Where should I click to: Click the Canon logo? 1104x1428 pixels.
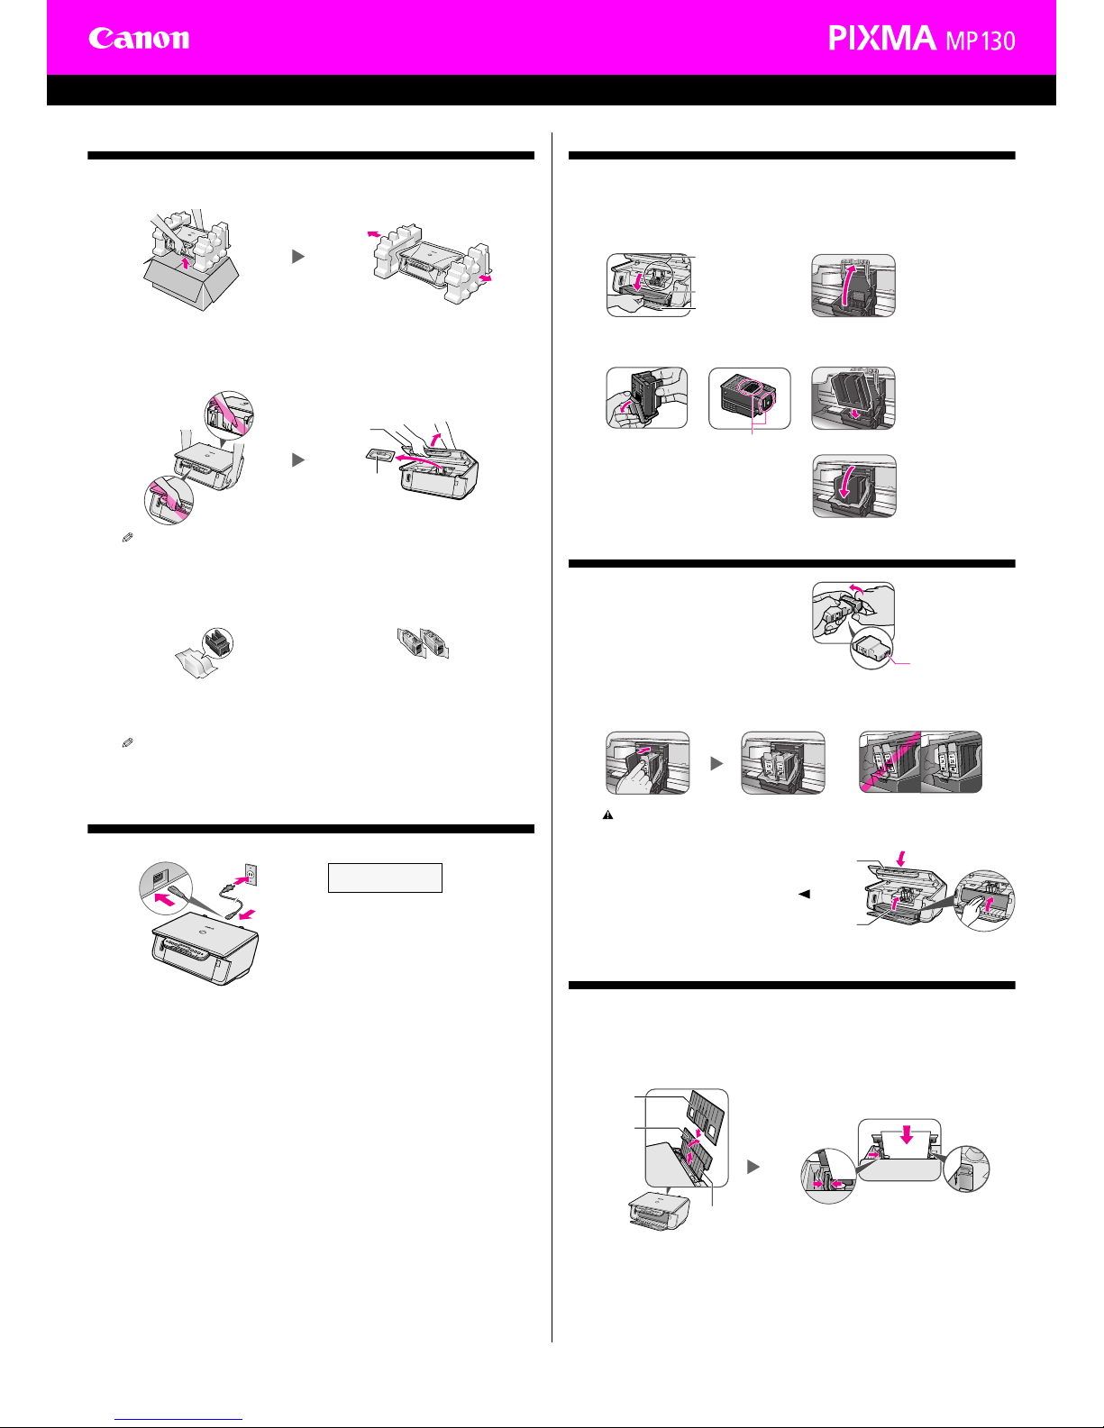[139, 38]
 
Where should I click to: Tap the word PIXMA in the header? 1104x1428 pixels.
[882, 38]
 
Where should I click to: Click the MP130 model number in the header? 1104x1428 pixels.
[981, 41]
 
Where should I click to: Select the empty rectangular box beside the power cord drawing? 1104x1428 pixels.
[385, 878]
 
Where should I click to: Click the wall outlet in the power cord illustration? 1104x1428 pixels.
[251, 875]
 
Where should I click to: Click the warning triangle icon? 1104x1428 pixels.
[607, 814]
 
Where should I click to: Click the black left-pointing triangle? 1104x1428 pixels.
[804, 894]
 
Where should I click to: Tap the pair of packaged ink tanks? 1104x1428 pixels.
[424, 643]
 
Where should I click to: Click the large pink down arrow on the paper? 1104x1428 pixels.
[907, 1133]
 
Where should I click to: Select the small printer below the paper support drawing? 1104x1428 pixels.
[659, 1211]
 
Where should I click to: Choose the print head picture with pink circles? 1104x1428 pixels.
[750, 398]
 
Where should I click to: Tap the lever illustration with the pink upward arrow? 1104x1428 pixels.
[853, 286]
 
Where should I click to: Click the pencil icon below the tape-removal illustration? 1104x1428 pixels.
[127, 538]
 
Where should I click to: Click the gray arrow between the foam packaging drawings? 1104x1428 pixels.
[298, 256]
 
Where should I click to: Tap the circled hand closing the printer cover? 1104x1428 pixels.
[984, 901]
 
